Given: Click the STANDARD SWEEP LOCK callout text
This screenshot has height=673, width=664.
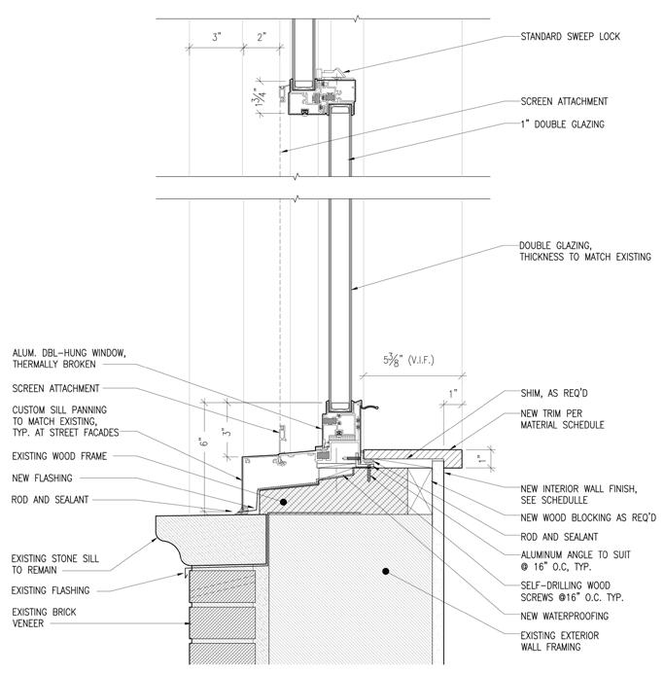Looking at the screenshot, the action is (570, 37).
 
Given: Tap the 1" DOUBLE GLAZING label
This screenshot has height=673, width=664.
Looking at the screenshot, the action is (562, 124).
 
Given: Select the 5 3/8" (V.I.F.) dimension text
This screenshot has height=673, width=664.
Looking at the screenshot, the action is (408, 359).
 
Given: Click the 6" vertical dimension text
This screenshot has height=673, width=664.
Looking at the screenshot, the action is (204, 441).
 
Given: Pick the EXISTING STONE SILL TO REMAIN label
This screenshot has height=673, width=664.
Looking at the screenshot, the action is (54, 564).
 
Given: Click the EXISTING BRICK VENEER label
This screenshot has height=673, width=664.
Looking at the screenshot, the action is (44, 618).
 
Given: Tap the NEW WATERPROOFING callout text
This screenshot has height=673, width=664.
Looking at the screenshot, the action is (565, 616).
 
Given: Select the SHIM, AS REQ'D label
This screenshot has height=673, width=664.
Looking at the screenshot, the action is (554, 393).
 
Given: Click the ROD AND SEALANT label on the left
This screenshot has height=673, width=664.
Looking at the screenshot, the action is (50, 500).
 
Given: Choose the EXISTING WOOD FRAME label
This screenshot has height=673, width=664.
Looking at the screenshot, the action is (59, 456).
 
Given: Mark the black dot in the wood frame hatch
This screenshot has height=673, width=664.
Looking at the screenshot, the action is (283, 502).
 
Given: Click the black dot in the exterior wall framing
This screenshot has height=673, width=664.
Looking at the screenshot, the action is (386, 571).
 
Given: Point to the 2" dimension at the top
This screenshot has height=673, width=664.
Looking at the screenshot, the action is (262, 37).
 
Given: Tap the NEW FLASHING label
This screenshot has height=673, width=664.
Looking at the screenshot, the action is (42, 478).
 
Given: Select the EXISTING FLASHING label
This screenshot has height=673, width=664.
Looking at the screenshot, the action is (51, 590).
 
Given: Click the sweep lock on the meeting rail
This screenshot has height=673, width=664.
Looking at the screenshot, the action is (330, 73).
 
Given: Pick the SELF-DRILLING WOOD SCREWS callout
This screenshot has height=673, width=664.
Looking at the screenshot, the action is (573, 591).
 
